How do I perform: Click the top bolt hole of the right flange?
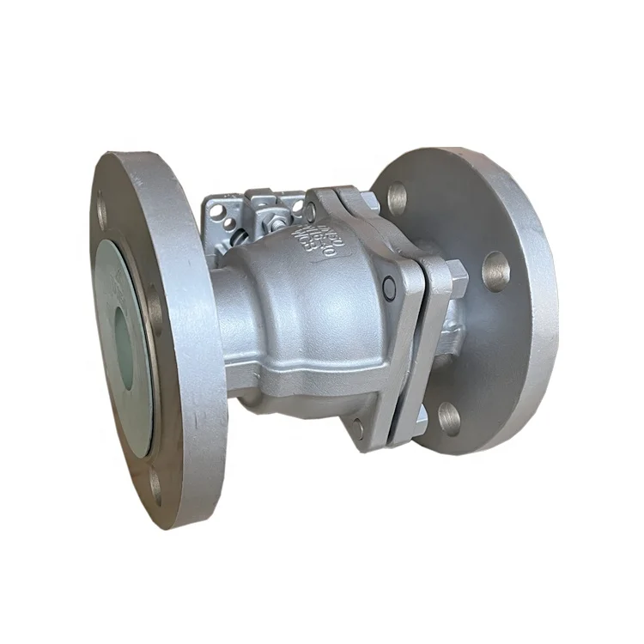point(398,198)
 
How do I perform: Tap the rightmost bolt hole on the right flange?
point(495,271)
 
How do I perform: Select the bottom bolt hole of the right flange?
point(449,418)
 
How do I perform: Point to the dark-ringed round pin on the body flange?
point(390,290)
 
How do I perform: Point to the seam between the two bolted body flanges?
point(426,343)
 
